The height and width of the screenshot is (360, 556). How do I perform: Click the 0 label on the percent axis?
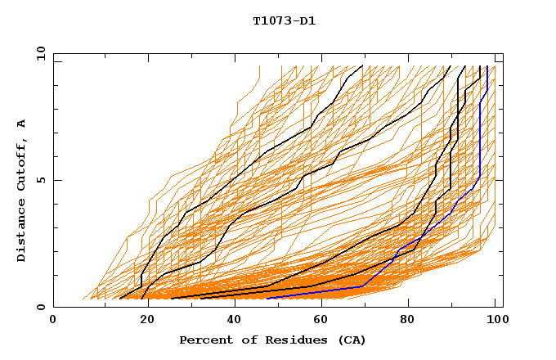[x=53, y=322]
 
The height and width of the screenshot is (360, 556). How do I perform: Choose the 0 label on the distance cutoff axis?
[x=41, y=308]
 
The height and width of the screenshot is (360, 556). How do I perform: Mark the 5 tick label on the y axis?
[x=41, y=180]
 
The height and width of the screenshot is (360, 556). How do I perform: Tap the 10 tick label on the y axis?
[x=38, y=52]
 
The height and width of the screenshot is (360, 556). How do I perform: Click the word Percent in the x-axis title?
[x=202, y=340]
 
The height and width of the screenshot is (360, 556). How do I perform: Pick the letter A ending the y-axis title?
[x=22, y=124]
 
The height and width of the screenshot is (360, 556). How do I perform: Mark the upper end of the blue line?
[x=487, y=66]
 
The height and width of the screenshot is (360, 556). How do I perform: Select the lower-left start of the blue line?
[x=267, y=299]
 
